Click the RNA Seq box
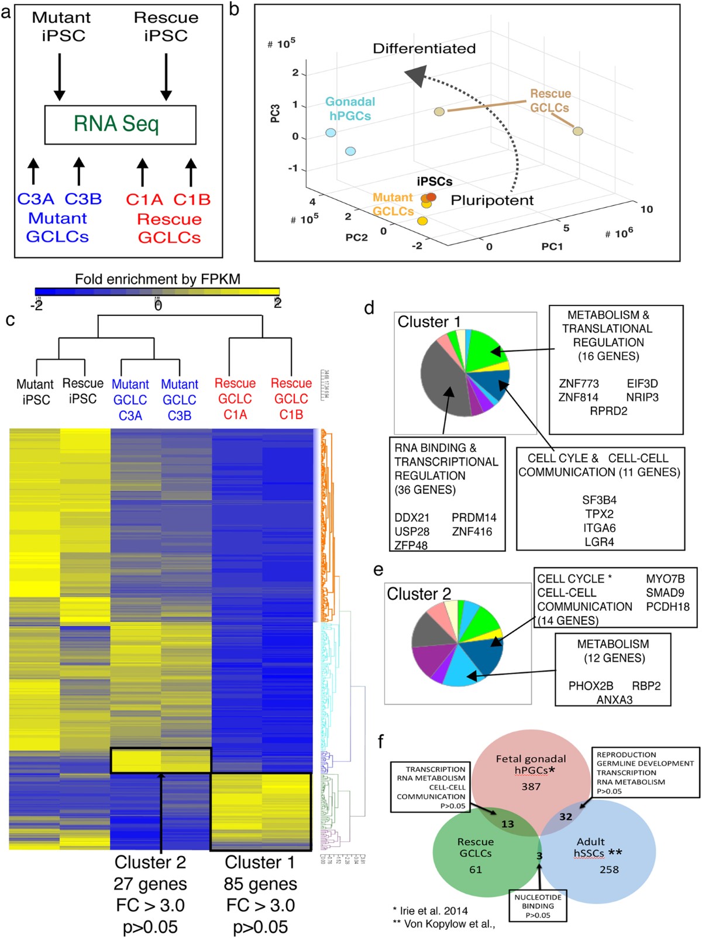(x=120, y=125)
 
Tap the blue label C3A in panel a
(x=36, y=199)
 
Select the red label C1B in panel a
(x=192, y=200)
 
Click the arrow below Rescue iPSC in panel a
(x=166, y=76)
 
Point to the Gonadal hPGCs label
(x=350, y=109)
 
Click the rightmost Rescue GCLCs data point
(x=578, y=131)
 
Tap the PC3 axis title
(x=275, y=114)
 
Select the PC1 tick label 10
(x=646, y=209)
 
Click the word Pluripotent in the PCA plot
(x=492, y=200)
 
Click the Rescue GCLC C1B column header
(x=291, y=398)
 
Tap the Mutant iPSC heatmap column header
(x=36, y=392)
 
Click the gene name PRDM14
(x=474, y=517)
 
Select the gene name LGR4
(x=599, y=542)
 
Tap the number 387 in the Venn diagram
(x=531, y=786)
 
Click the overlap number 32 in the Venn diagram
(x=565, y=816)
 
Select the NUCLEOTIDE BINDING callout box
(x=538, y=906)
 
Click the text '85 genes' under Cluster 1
(x=260, y=884)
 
